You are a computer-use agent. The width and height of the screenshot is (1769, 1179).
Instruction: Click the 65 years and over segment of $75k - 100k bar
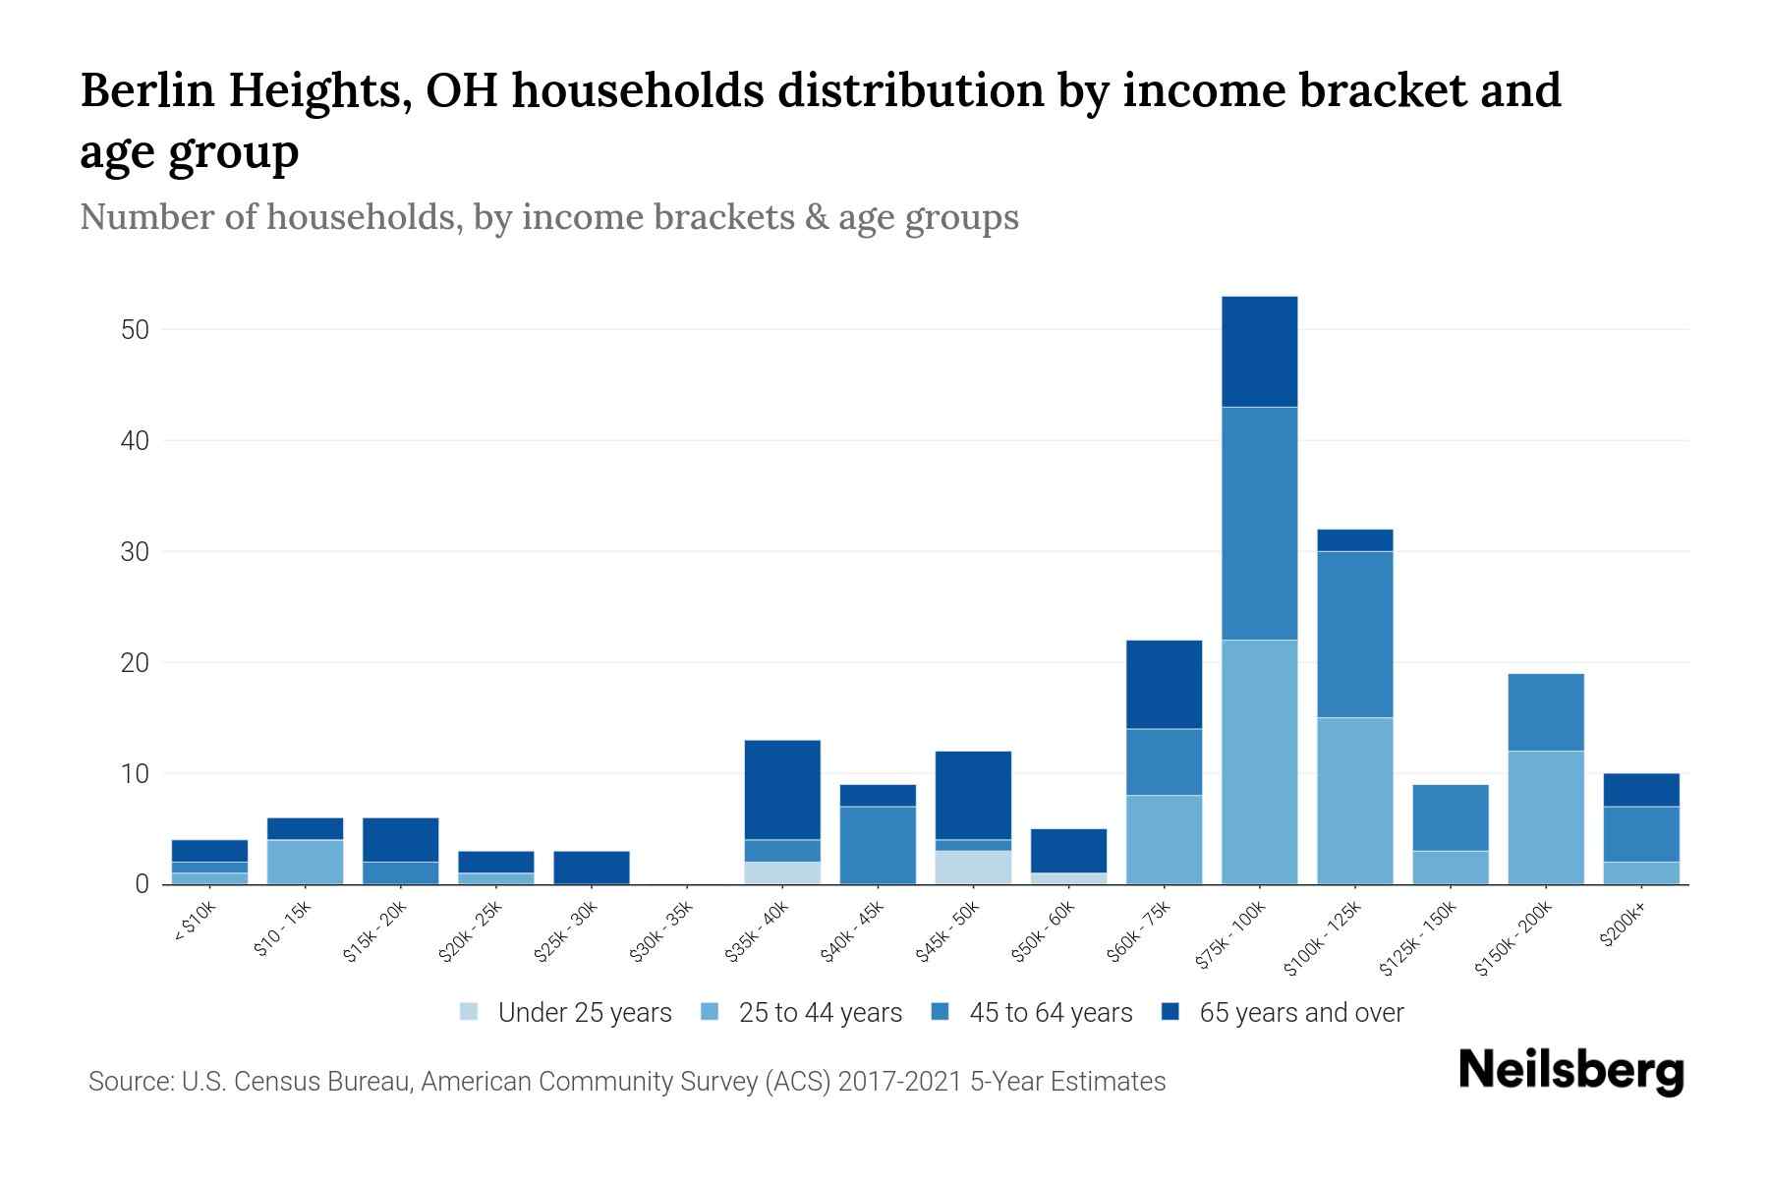tap(1259, 352)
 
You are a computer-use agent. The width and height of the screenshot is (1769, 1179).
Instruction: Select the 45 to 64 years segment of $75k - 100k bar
tap(1259, 524)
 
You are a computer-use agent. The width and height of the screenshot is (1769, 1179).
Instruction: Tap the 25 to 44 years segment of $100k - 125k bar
tap(1354, 801)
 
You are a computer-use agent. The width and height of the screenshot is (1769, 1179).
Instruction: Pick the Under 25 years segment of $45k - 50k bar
tap(973, 868)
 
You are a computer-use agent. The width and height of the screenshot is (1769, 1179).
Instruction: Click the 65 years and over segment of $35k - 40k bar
tap(782, 790)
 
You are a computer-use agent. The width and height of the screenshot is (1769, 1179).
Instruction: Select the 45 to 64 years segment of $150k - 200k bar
tap(1545, 712)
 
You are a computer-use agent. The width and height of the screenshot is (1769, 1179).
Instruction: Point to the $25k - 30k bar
tap(592, 868)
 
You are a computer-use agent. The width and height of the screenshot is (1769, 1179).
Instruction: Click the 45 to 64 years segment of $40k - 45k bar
tap(878, 845)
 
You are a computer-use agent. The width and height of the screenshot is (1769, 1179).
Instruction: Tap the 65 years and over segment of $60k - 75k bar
tap(1164, 685)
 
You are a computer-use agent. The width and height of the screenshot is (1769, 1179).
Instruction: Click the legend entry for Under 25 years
tap(584, 1013)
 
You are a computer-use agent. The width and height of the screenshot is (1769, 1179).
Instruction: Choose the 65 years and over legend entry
tap(1300, 1013)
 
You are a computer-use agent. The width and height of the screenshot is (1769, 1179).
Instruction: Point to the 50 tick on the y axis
tap(135, 330)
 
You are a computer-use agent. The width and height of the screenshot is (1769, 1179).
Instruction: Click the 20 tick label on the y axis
tap(135, 663)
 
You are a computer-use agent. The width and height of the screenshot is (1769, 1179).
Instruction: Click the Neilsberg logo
tap(1570, 1071)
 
